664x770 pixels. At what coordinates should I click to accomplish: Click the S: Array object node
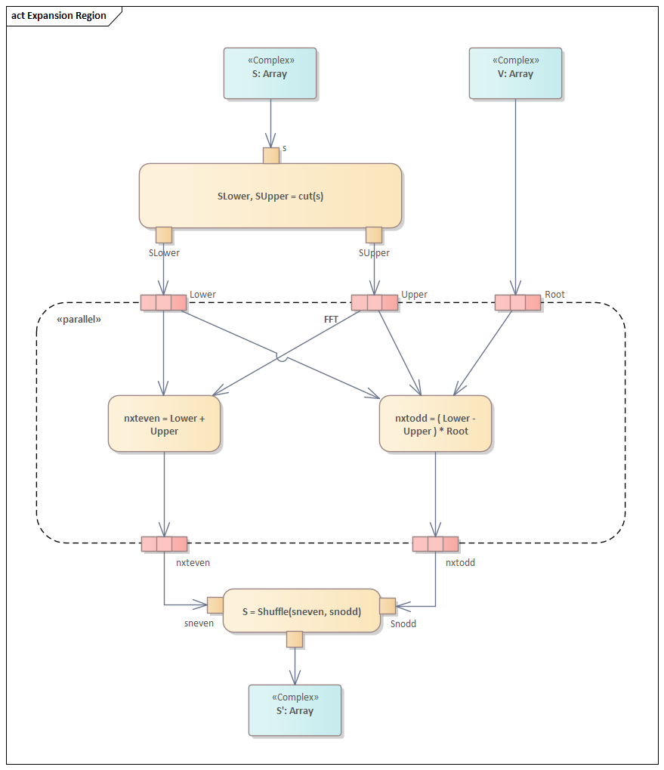[x=270, y=73]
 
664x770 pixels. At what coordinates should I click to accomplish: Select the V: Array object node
[x=515, y=73]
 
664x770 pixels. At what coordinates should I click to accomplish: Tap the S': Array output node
[x=295, y=710]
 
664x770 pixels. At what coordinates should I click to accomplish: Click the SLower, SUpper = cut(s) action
[x=270, y=196]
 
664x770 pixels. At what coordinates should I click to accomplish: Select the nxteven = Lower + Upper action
[x=164, y=424]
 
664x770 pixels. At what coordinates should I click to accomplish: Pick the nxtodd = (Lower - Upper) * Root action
[x=435, y=424]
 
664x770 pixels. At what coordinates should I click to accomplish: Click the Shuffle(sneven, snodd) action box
[x=301, y=611]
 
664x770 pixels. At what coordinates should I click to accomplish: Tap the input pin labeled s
[x=271, y=156]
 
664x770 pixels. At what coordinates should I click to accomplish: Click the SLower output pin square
[x=164, y=235]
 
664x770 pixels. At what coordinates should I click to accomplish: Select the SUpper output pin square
[x=374, y=235]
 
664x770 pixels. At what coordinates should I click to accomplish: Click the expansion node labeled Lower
[x=163, y=303]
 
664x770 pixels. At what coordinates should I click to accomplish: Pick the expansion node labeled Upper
[x=374, y=303]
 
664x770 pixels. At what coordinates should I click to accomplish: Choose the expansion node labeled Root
[x=517, y=303]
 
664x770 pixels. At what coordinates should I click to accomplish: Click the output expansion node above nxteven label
[x=164, y=544]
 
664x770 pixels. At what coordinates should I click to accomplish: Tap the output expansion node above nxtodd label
[x=435, y=544]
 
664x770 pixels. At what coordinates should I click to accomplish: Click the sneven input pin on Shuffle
[x=215, y=605]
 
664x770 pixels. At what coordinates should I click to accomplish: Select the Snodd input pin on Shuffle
[x=388, y=605]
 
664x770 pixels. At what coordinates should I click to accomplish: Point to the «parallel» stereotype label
[x=79, y=320]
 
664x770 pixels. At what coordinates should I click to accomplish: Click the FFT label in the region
[x=331, y=320]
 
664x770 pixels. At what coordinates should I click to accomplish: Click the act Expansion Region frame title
[x=59, y=16]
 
